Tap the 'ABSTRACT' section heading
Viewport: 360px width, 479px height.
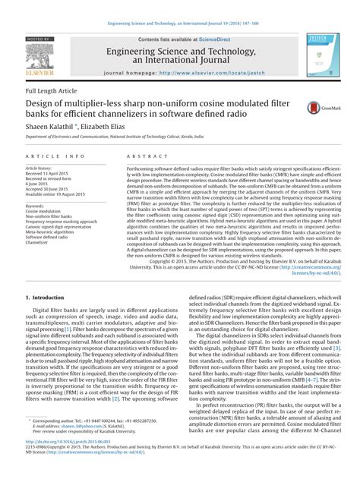[142, 156]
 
